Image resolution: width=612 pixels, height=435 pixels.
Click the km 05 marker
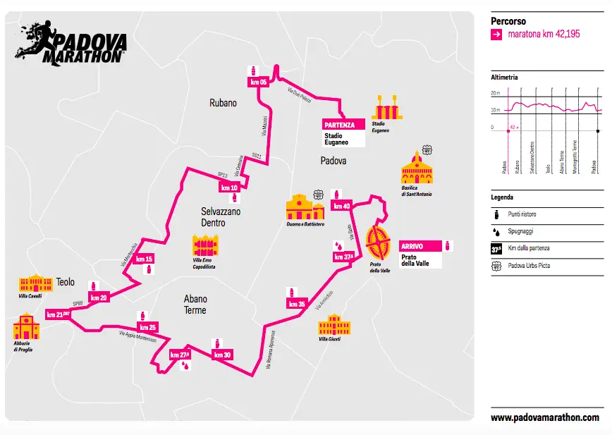point(259,82)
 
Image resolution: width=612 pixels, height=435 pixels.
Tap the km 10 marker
point(230,188)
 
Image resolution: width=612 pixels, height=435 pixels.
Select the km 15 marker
point(145,259)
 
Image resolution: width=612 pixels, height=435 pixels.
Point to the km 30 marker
point(222,355)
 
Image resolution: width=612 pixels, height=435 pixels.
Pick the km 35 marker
point(297,304)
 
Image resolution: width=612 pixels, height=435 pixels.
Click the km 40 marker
point(342,206)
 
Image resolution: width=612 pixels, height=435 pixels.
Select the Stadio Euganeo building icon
point(386,109)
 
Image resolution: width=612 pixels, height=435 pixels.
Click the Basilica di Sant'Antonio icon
point(416,169)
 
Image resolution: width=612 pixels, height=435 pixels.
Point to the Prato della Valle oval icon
point(379,245)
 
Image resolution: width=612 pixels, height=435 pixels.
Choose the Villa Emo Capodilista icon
point(204,246)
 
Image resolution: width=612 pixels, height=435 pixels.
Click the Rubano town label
point(223,103)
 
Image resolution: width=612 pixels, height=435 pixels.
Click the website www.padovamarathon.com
point(544,417)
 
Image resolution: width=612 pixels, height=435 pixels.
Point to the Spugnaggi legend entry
point(520,230)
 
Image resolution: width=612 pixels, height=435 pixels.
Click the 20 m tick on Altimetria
point(494,93)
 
